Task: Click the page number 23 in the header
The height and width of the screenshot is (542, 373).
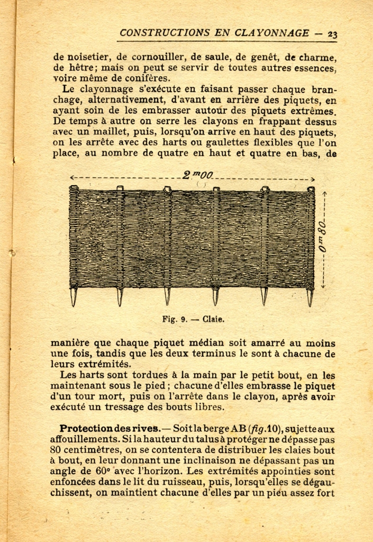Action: [x=332, y=33]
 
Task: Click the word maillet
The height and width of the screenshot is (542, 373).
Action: [x=97, y=132]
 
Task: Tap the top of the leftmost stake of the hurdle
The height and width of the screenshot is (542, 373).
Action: [x=74, y=188]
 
